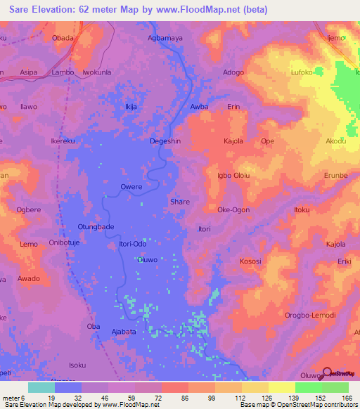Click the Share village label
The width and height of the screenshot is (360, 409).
(x=180, y=202)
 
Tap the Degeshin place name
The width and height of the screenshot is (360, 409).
(x=166, y=141)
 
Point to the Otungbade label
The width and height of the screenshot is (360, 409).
(x=96, y=226)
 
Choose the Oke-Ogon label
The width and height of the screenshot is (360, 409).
(x=233, y=209)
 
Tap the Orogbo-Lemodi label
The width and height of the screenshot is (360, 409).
(x=310, y=315)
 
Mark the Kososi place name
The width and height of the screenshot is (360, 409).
(x=250, y=261)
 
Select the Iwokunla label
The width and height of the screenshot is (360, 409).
(x=98, y=72)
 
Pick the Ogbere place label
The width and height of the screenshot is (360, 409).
(x=29, y=209)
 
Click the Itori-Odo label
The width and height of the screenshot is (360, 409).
(x=133, y=244)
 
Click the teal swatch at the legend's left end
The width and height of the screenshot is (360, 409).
(x=41, y=388)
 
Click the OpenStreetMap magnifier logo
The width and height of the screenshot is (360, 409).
(x=327, y=373)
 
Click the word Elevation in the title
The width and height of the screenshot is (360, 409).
(x=46, y=7)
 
